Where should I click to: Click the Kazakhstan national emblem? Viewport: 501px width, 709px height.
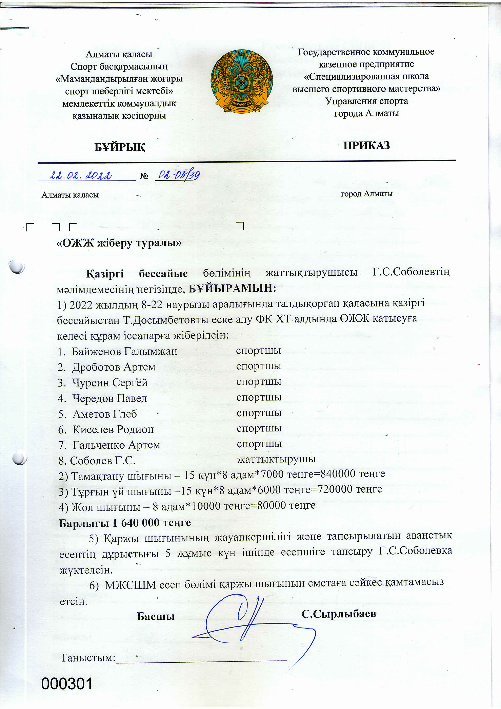pos(242,81)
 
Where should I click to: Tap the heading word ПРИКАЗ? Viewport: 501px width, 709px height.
pos(366,145)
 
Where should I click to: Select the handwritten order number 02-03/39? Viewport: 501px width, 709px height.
pos(179,175)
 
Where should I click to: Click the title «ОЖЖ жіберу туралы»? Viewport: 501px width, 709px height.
pos(119,243)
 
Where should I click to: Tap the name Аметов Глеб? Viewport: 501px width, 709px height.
pos(105,414)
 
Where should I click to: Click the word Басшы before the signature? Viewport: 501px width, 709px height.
pos(156,616)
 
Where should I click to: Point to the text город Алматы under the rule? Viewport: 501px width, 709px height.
pos(366,194)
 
